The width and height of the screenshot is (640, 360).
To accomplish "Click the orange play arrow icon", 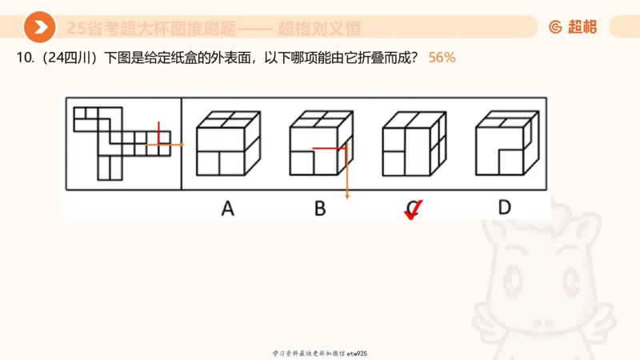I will [39, 28].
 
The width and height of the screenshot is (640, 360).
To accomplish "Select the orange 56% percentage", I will [442, 59].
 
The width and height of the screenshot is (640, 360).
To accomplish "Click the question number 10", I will [21, 59].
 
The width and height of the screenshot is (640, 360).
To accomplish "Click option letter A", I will [228, 209].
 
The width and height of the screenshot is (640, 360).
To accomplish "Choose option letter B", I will [320, 209].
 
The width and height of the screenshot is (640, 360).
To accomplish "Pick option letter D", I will [504, 208].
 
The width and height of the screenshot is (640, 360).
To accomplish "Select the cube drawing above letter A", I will [229, 143].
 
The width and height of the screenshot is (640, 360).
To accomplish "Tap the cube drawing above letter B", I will [319, 143].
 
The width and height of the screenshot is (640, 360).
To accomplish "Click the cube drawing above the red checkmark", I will [411, 143].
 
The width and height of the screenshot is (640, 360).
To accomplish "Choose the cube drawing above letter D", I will [504, 143].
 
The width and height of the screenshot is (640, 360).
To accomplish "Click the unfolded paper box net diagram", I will [122, 142].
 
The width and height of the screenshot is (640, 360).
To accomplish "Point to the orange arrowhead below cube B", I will [347, 196].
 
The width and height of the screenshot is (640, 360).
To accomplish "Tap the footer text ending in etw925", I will [319, 353].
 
